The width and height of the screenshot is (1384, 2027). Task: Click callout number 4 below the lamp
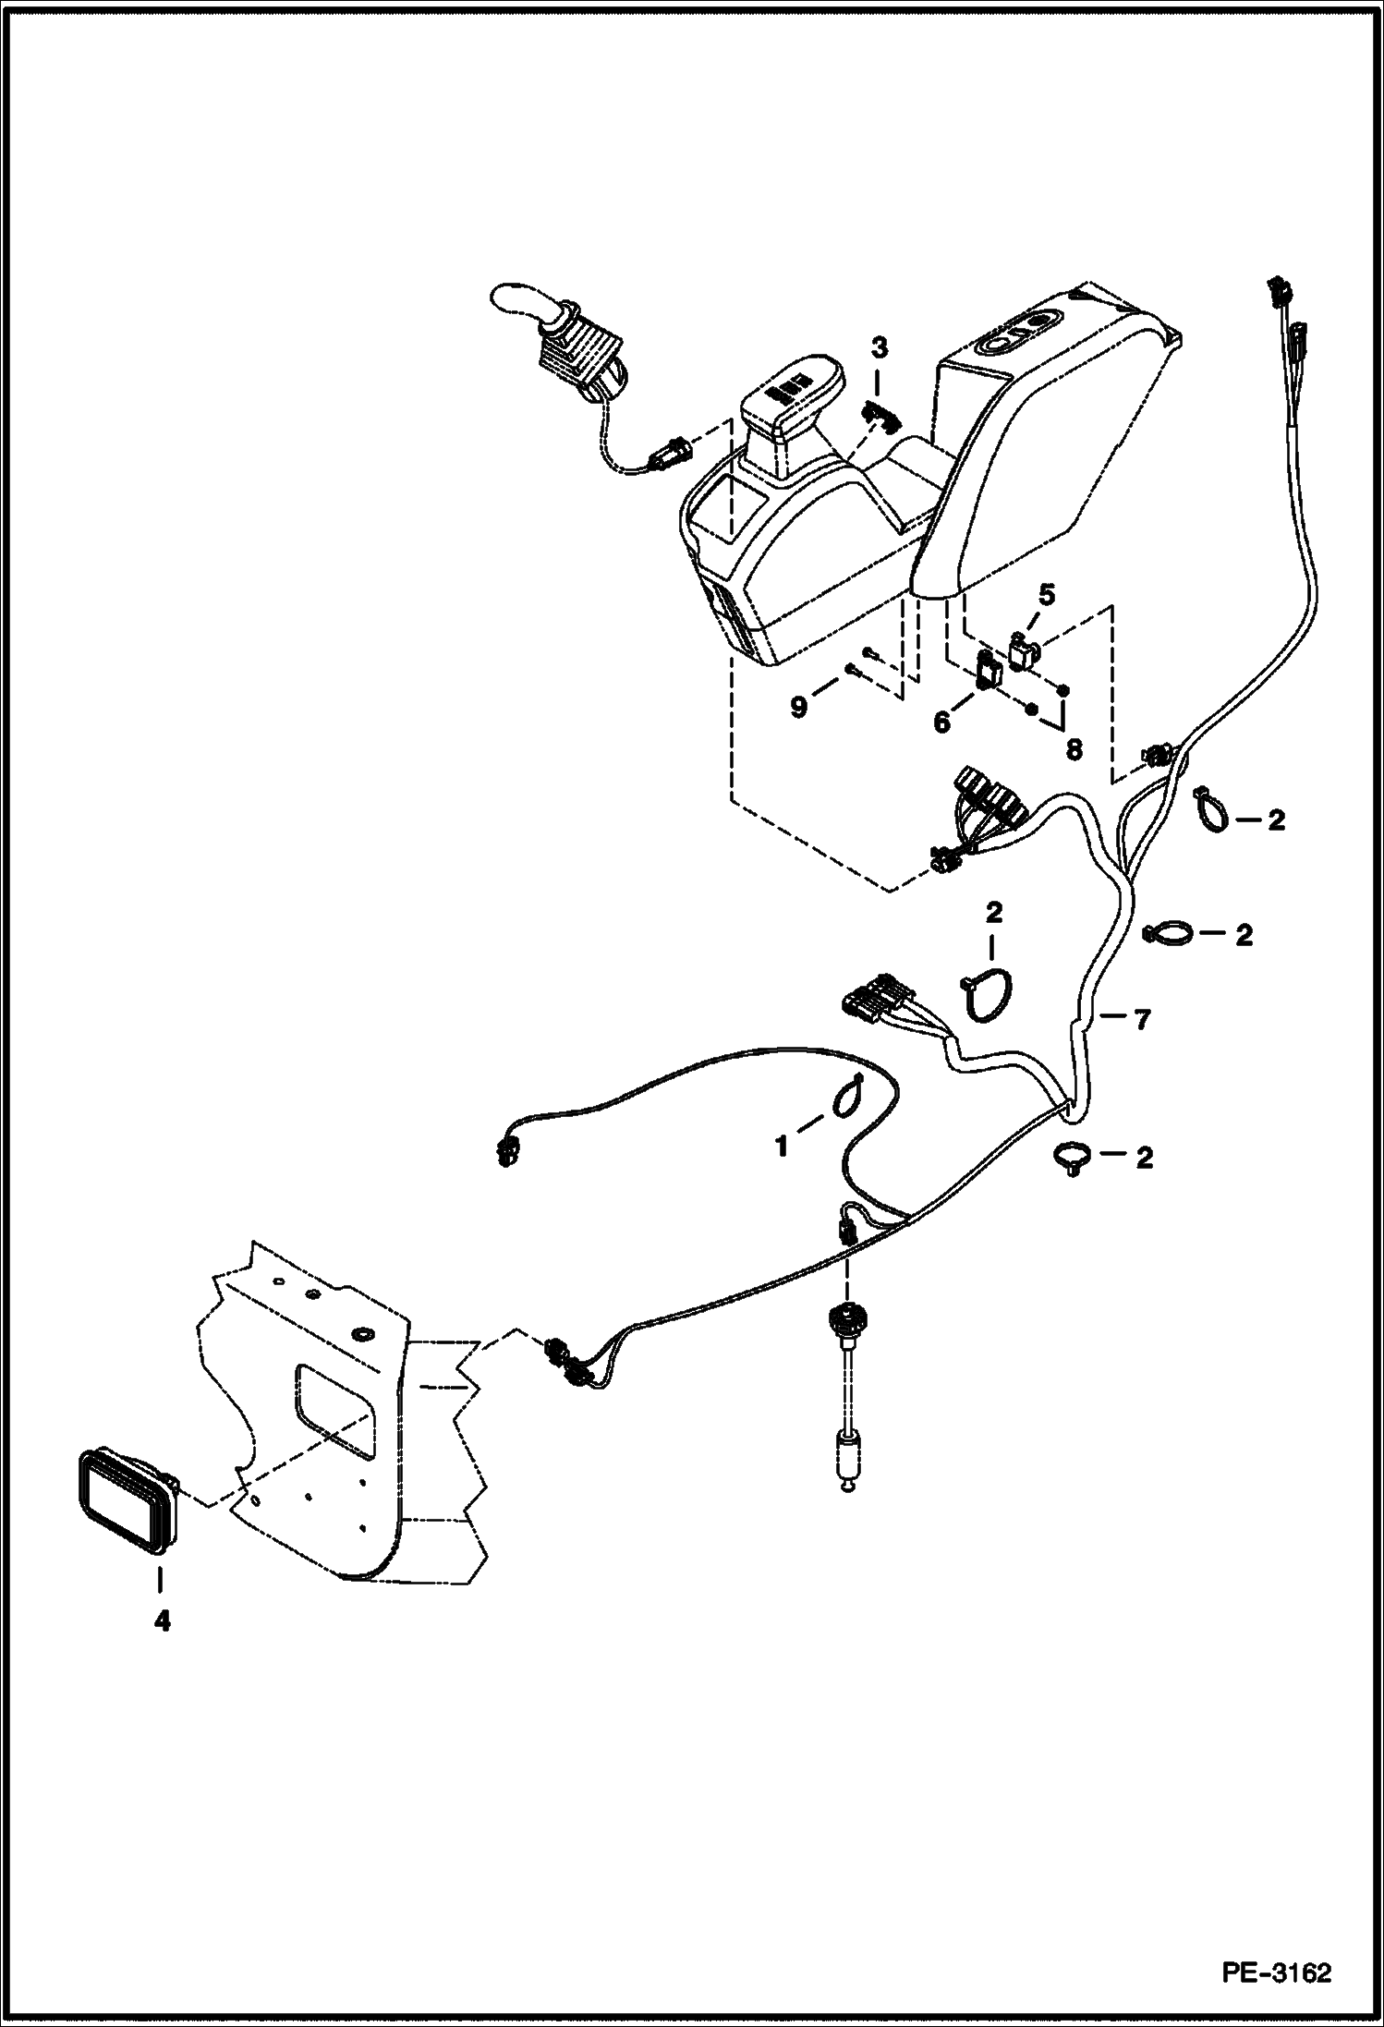(163, 1646)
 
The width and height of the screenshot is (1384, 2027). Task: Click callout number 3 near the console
(879, 349)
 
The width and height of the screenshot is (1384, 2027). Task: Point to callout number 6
(941, 722)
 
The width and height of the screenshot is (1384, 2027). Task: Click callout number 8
(1073, 749)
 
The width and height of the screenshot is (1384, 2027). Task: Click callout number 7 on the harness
(1142, 1020)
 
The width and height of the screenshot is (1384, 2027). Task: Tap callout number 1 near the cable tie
(782, 1147)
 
